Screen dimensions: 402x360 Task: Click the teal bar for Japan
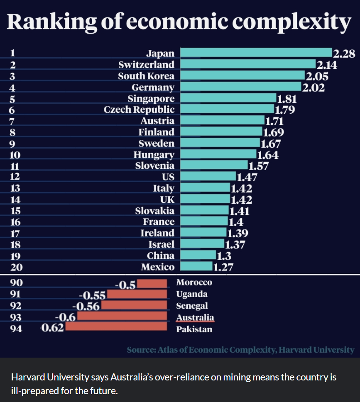tap(256, 53)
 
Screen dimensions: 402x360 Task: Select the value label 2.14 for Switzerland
tap(326, 65)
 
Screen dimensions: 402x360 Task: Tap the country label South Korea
tap(146, 76)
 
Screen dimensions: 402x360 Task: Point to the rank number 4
tap(12, 88)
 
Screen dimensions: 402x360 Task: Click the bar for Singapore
tap(228, 98)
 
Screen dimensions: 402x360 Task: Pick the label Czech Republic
tap(139, 110)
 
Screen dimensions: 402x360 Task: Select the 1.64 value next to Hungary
tap(268, 155)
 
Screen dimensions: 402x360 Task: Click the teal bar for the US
tap(208, 177)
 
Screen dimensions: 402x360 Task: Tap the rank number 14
tap(15, 200)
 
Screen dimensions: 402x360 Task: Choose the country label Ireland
tap(157, 233)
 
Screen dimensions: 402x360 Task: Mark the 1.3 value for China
tap(224, 256)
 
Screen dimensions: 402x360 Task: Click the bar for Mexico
tap(196, 266)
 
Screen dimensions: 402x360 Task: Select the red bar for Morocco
tap(154, 284)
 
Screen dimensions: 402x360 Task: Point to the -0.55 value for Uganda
tap(92, 295)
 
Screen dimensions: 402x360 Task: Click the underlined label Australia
tap(195, 318)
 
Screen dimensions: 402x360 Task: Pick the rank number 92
tap(16, 306)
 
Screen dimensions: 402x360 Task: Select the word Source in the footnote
tap(141, 350)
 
